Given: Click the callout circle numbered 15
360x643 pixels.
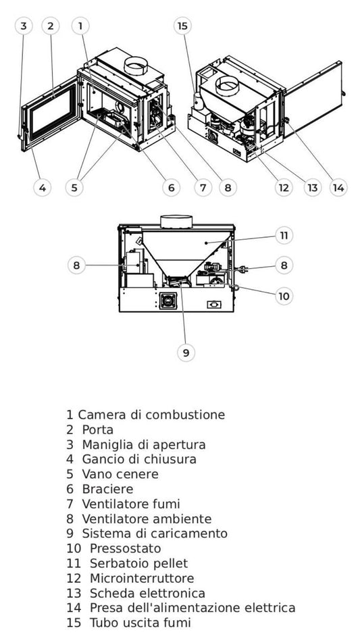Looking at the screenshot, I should (x=182, y=26).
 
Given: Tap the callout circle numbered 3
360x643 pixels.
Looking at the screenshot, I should (x=24, y=26).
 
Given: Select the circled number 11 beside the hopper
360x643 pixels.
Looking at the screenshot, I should (x=284, y=236).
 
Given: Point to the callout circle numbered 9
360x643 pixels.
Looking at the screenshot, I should (x=186, y=352).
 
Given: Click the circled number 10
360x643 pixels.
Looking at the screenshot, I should (x=284, y=295).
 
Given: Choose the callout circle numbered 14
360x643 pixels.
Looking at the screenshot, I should (x=338, y=187).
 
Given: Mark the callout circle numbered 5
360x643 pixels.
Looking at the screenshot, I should (x=75, y=187).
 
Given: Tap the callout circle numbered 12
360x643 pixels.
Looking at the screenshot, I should (x=284, y=187).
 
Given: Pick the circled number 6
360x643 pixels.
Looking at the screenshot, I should (x=171, y=187).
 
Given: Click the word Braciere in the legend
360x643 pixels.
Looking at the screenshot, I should (x=107, y=489).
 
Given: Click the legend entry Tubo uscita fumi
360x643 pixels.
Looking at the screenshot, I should (x=137, y=623).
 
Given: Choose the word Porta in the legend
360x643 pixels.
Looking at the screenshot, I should (x=97, y=430).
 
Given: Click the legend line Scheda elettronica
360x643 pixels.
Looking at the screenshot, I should (x=147, y=593).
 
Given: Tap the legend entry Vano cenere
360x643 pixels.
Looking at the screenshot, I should (x=120, y=474).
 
